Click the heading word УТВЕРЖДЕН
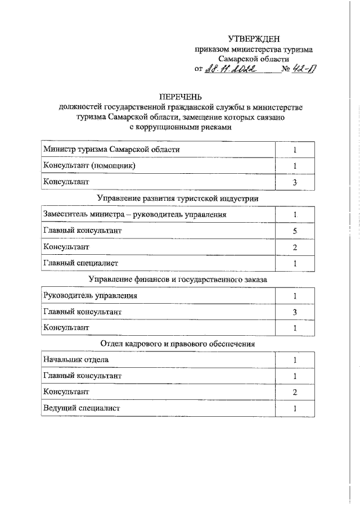click(x=253, y=39)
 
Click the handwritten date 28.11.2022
click(x=230, y=69)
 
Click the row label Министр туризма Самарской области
click(x=112, y=149)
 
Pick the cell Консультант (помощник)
click(x=89, y=165)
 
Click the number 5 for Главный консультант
click(x=294, y=231)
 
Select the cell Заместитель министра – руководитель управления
click(x=134, y=214)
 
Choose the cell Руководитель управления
click(x=89, y=295)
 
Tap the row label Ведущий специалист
click(x=82, y=408)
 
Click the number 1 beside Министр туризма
click(x=294, y=150)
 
